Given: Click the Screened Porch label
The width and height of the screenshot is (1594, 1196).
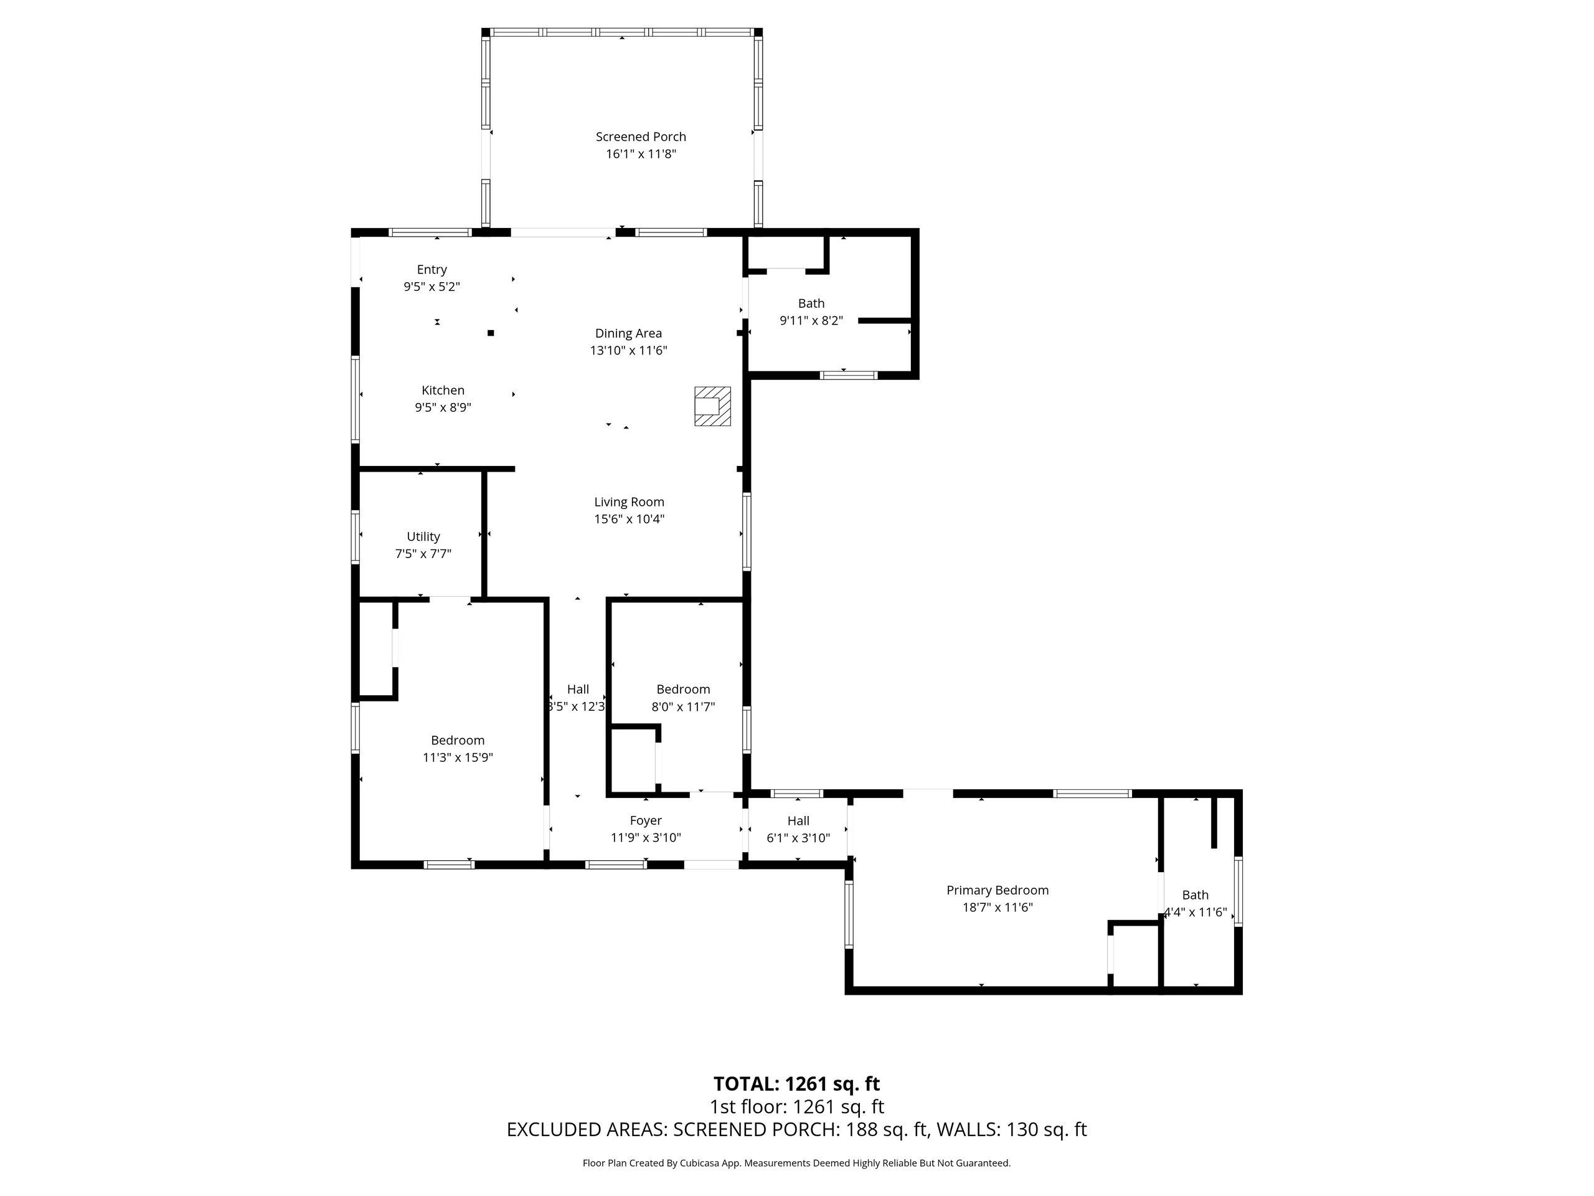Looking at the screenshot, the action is point(641,136).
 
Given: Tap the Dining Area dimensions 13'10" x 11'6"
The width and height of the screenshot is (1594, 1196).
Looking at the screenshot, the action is point(628,350).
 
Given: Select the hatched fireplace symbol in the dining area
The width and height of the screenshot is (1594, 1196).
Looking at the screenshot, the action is point(712,406).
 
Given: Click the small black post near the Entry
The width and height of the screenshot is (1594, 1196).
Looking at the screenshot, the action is point(491,333).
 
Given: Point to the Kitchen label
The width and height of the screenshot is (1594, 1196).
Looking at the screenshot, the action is point(443,390).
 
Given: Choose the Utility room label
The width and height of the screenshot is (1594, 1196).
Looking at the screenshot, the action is point(423,536).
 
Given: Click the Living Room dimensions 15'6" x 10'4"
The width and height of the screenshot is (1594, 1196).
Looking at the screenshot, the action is point(629,519).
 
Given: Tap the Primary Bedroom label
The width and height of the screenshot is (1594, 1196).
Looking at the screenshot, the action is point(997,890).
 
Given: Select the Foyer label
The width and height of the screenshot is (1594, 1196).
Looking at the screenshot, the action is point(646,820).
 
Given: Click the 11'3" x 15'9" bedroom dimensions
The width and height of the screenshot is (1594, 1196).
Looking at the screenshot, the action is point(458,757).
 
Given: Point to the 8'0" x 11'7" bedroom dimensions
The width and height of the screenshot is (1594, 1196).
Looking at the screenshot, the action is point(683,707).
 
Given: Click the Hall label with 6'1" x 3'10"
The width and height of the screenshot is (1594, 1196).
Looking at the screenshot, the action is point(798,820).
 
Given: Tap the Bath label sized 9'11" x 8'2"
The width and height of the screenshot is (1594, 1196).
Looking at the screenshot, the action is point(811,303).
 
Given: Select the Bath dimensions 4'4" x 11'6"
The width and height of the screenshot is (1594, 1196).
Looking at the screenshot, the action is point(1195,912).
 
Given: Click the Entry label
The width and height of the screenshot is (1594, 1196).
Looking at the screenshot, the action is point(432,270).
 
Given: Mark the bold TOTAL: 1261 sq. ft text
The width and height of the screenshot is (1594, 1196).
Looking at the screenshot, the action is point(796,1083).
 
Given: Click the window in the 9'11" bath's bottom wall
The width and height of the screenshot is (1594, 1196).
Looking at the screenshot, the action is point(849,375).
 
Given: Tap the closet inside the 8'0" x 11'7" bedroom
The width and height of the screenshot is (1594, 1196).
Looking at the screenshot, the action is point(634,760).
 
